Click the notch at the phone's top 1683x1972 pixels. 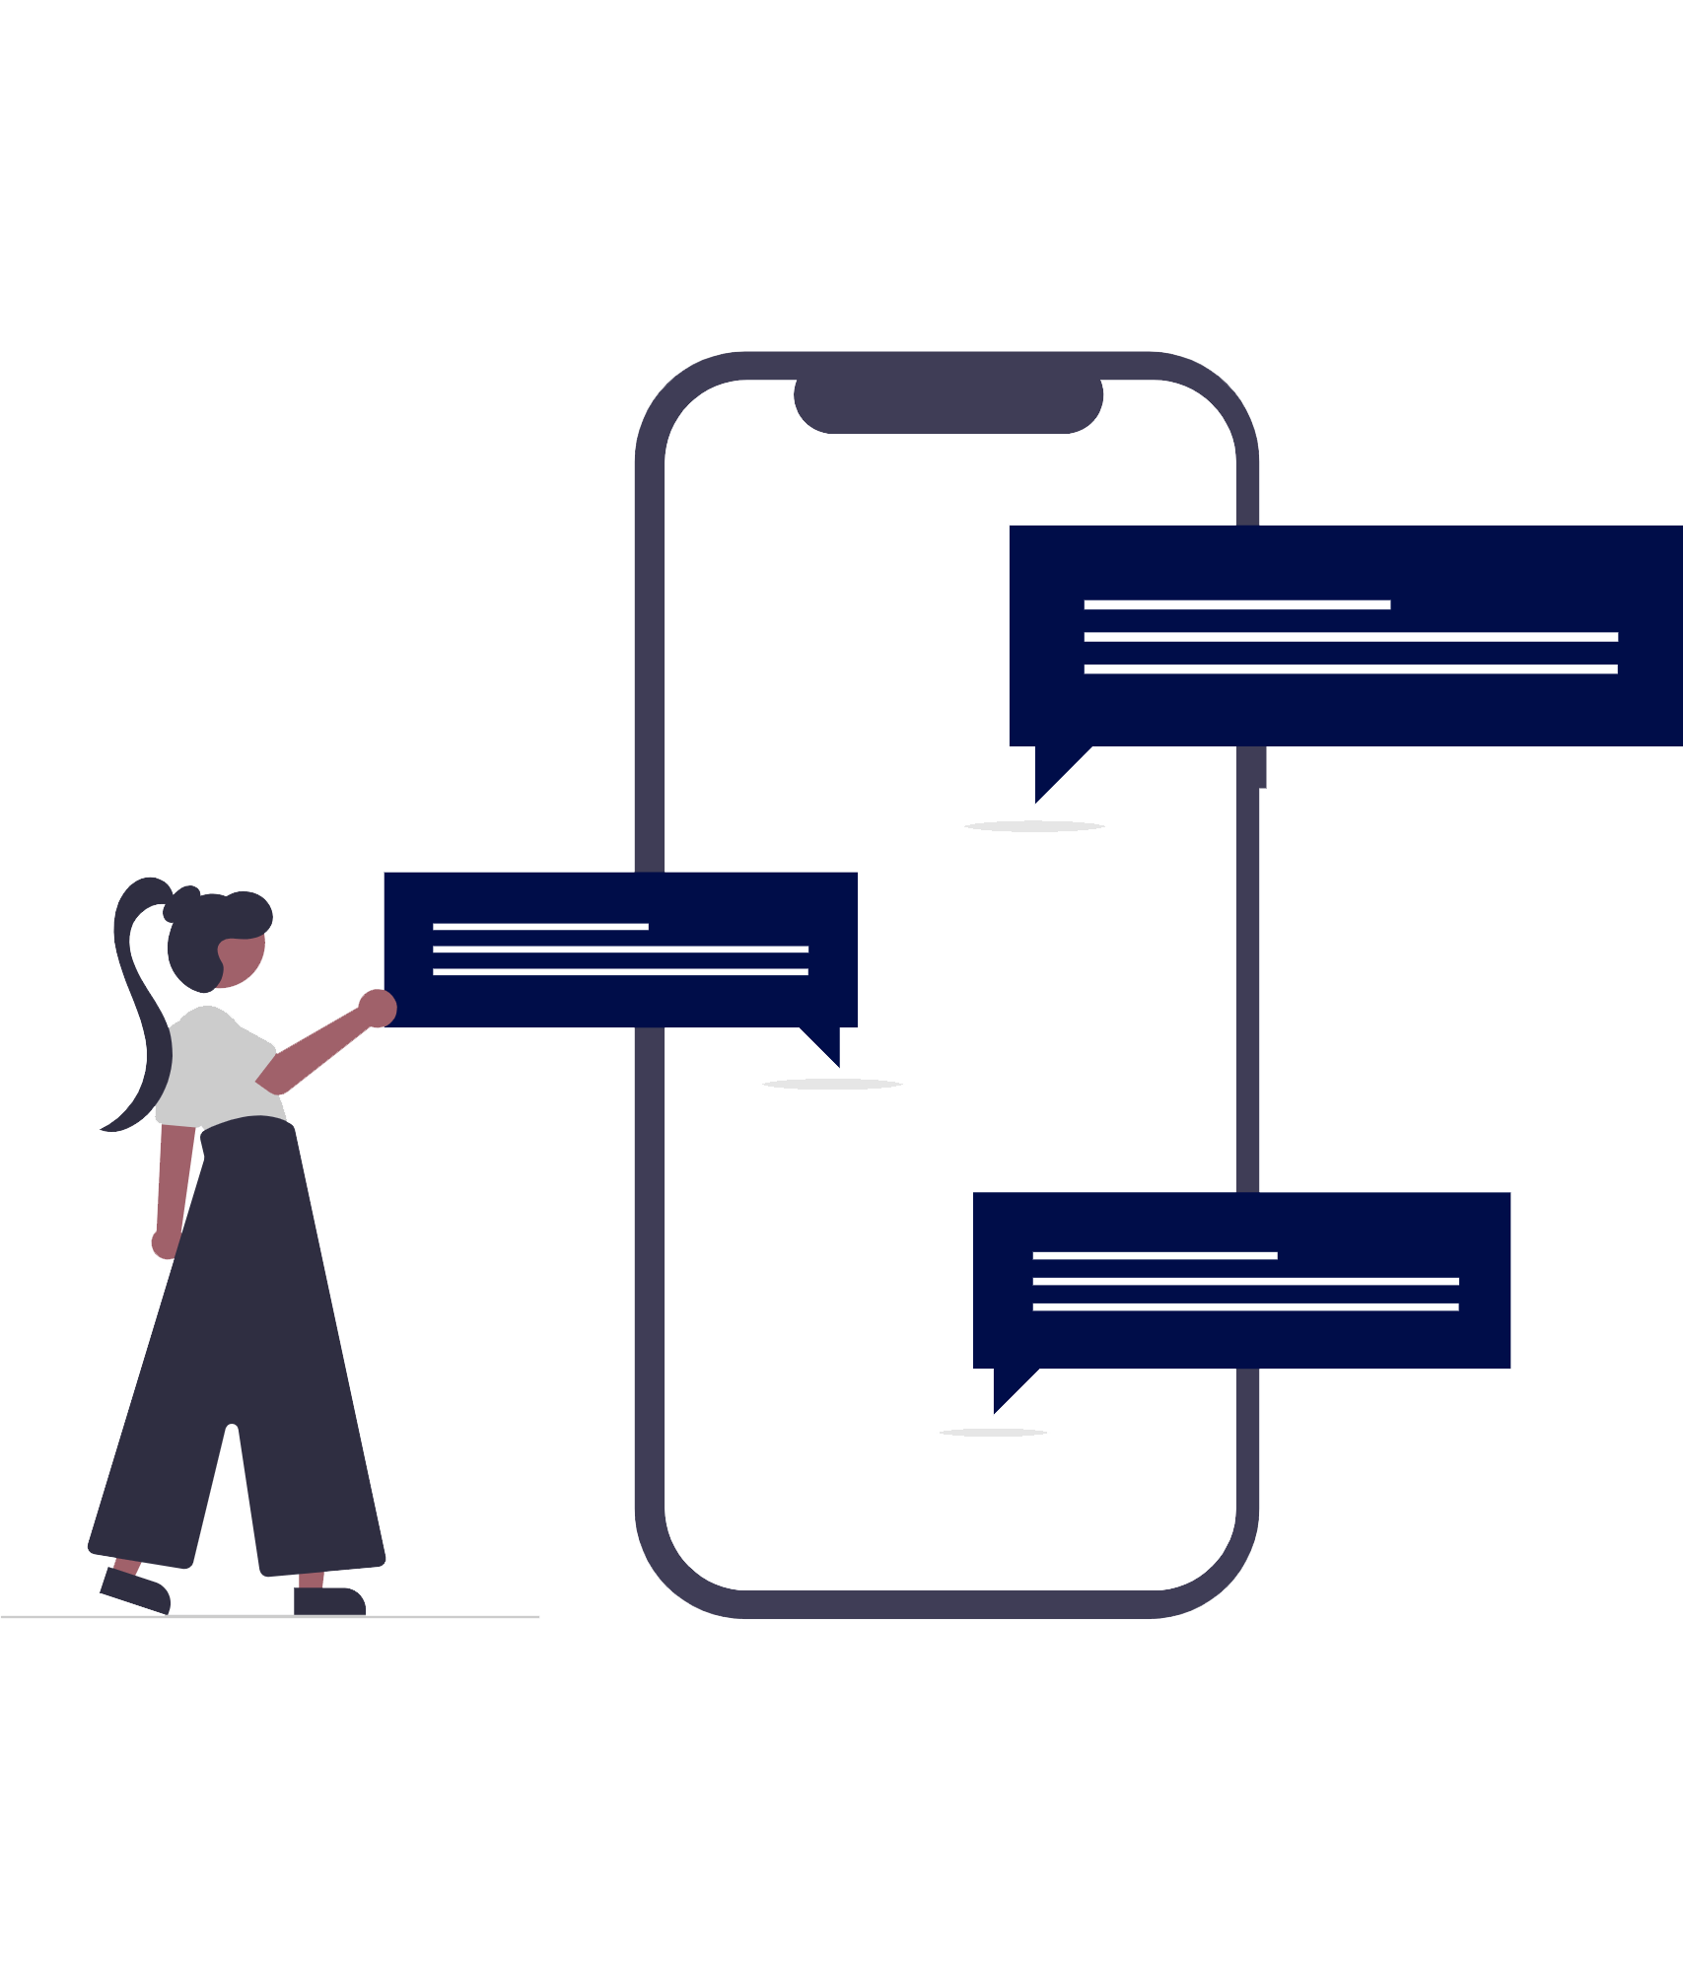point(947,406)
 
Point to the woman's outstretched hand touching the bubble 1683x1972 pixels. point(378,1008)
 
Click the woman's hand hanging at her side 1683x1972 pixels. point(163,1244)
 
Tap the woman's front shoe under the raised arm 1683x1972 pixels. point(330,1600)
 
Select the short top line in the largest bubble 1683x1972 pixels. point(1236,604)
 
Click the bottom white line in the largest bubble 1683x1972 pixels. point(1350,669)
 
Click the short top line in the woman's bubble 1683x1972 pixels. point(540,927)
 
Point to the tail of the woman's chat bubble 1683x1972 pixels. point(827,1044)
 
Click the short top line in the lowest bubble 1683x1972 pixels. point(1155,1255)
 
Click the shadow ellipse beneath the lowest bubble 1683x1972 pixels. point(993,1433)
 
